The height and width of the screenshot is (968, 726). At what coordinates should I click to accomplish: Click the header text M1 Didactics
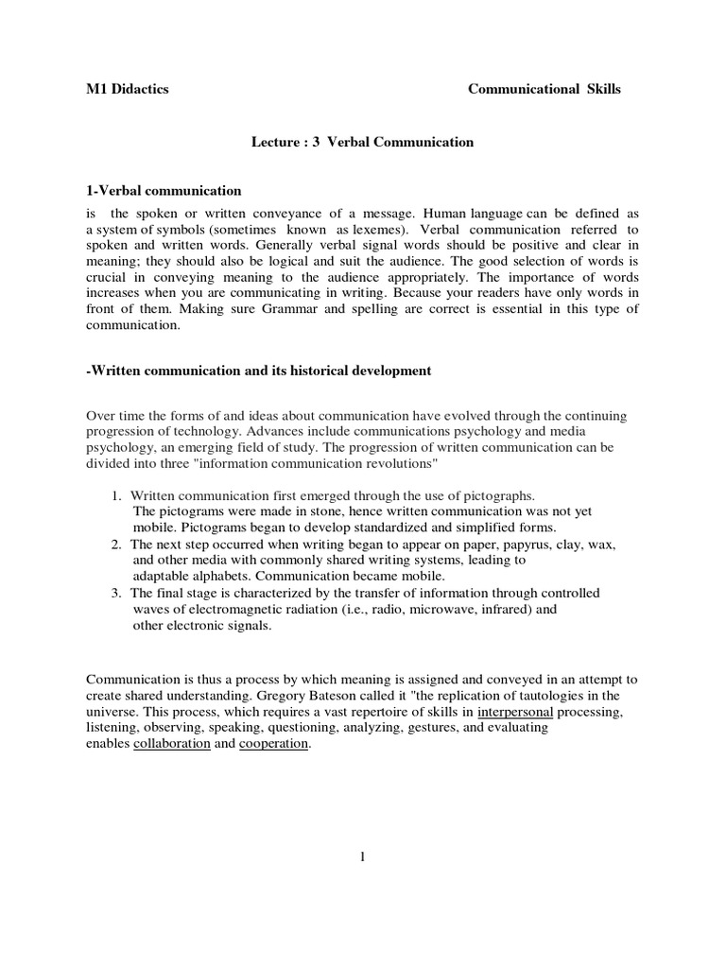pyautogui.click(x=128, y=89)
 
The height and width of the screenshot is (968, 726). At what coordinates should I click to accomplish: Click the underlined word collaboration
pyautogui.click(x=171, y=744)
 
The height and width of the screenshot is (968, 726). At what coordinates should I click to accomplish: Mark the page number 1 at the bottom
pyautogui.click(x=362, y=857)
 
